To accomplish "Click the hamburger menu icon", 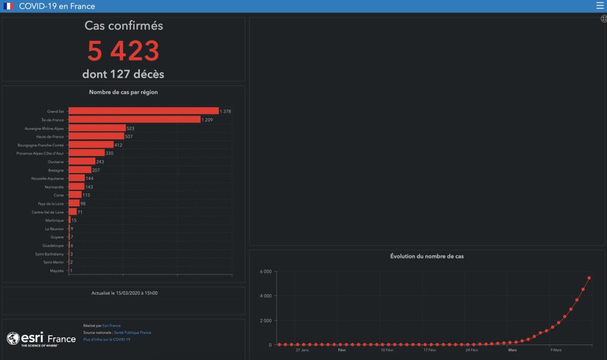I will (x=599, y=6).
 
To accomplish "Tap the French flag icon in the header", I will (x=8, y=6).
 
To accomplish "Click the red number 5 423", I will (x=123, y=51).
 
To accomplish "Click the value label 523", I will (x=130, y=128).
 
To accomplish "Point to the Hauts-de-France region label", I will (x=50, y=136).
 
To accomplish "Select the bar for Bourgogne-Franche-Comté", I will (x=91, y=145).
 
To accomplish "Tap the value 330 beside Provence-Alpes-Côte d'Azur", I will (x=109, y=153).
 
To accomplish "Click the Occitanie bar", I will (x=82, y=161).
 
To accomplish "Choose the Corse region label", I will (x=58, y=195).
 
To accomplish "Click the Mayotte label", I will (x=57, y=271).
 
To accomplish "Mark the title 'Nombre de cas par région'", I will (x=123, y=92).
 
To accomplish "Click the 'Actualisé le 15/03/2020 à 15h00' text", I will (x=124, y=293).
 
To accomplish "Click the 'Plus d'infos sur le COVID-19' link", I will (x=107, y=339).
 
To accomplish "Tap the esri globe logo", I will (x=14, y=339).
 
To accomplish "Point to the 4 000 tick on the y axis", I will (x=266, y=296).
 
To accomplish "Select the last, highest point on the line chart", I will (x=589, y=278).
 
